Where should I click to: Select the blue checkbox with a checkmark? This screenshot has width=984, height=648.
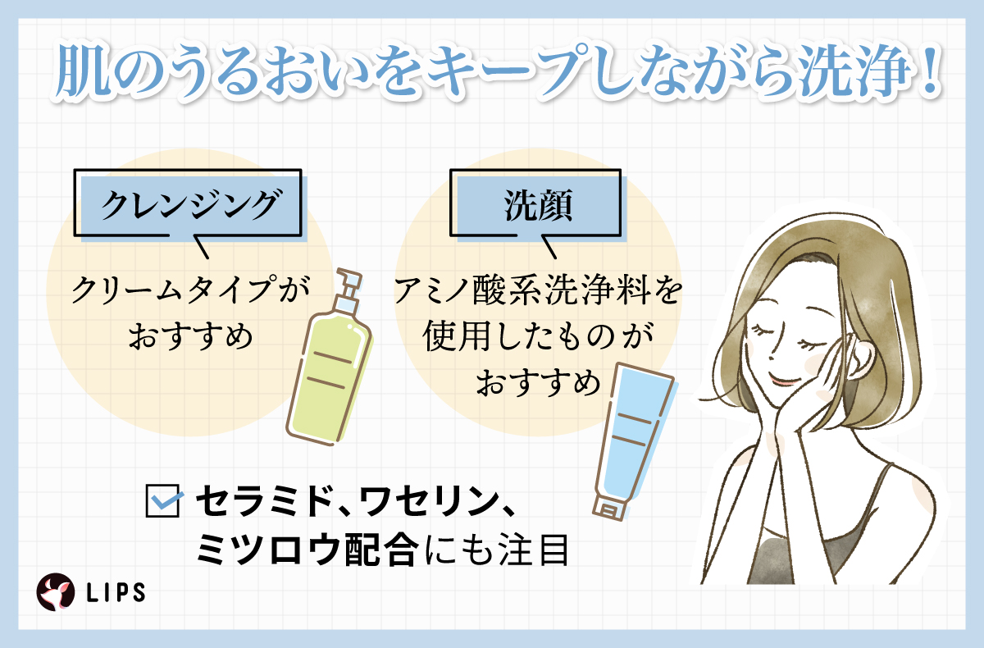pyautogui.click(x=162, y=500)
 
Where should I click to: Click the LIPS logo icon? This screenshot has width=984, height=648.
pyautogui.click(x=55, y=591)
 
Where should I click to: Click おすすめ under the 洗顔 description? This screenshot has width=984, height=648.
pyautogui.click(x=537, y=383)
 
